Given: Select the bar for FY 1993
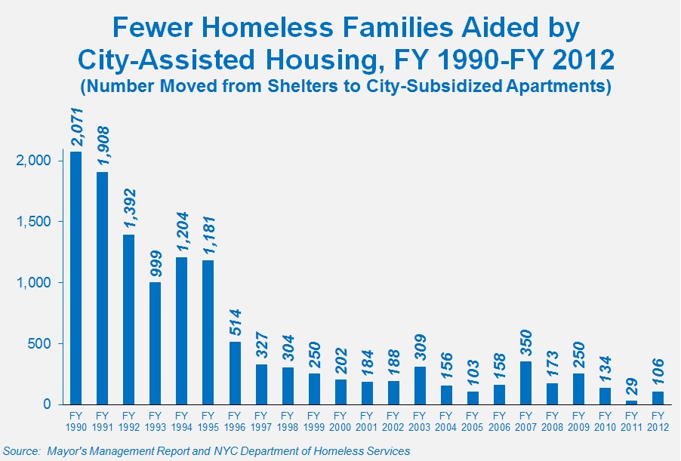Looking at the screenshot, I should click(155, 343).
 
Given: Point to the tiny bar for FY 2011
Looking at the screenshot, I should click(631, 402).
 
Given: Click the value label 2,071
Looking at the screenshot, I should click(76, 127).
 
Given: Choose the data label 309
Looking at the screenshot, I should click(419, 349).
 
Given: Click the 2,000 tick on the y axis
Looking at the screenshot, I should click(32, 161).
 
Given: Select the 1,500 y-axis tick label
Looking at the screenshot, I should click(32, 222).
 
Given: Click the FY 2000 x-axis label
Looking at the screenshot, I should click(340, 421).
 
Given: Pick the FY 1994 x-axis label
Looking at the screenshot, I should click(181, 421).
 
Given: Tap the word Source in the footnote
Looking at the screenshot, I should click(20, 451).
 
